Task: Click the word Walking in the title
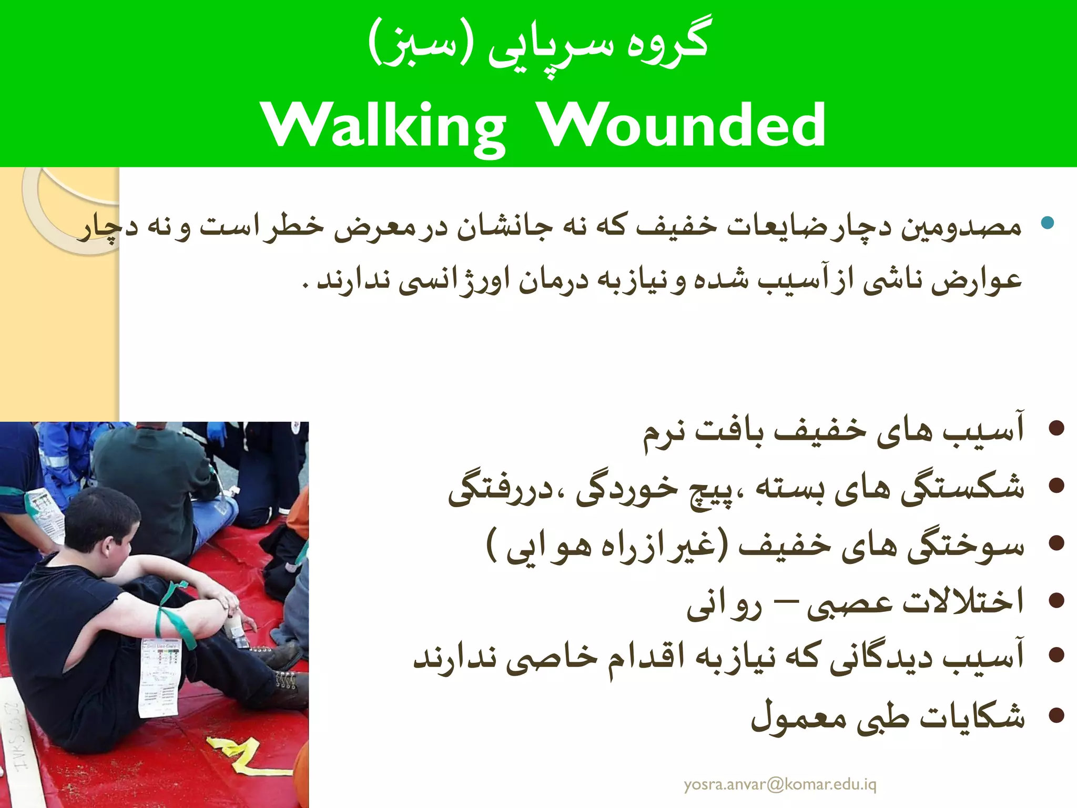point(384,125)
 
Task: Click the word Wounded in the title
point(683,125)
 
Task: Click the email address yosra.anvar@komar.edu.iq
point(780,784)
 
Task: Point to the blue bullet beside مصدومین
point(1048,223)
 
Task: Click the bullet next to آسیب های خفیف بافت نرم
point(1056,428)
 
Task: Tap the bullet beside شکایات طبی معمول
point(1056,715)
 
